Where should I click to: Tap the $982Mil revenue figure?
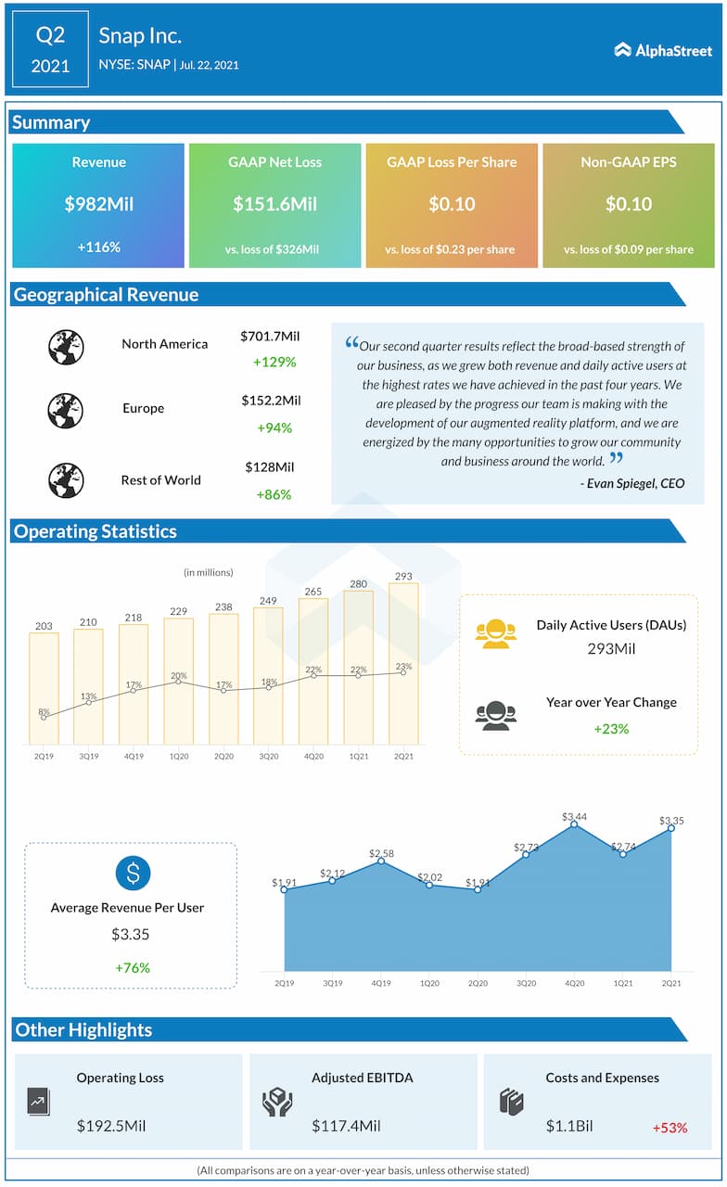(x=98, y=204)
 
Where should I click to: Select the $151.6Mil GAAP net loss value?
(x=274, y=204)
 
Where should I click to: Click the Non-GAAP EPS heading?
(x=629, y=161)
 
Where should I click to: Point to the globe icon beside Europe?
(x=66, y=410)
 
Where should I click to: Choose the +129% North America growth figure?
(x=274, y=362)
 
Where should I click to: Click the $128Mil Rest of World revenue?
(x=270, y=467)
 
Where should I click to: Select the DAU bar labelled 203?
(x=44, y=687)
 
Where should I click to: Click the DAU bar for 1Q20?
(x=179, y=680)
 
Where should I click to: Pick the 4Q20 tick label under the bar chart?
(x=313, y=757)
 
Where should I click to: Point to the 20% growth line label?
(x=179, y=676)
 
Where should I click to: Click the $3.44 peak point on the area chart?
(x=574, y=823)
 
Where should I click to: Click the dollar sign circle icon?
(x=133, y=873)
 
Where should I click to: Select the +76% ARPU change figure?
(x=133, y=967)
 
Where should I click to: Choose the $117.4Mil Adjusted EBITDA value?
(x=346, y=1126)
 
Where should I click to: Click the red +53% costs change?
(x=670, y=1128)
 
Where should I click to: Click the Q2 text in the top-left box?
(x=51, y=35)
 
